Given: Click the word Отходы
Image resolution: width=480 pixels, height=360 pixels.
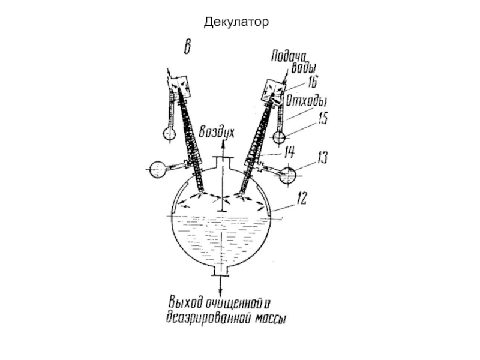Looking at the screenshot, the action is tap(307, 98).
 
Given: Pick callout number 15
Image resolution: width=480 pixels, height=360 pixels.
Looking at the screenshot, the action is tap(322, 119).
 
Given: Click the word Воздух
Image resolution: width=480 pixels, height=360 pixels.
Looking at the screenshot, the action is tap(220, 132).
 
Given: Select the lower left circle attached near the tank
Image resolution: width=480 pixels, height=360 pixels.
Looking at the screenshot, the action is tap(157, 169).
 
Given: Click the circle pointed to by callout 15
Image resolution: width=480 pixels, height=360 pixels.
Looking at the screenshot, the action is tap(280, 137).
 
